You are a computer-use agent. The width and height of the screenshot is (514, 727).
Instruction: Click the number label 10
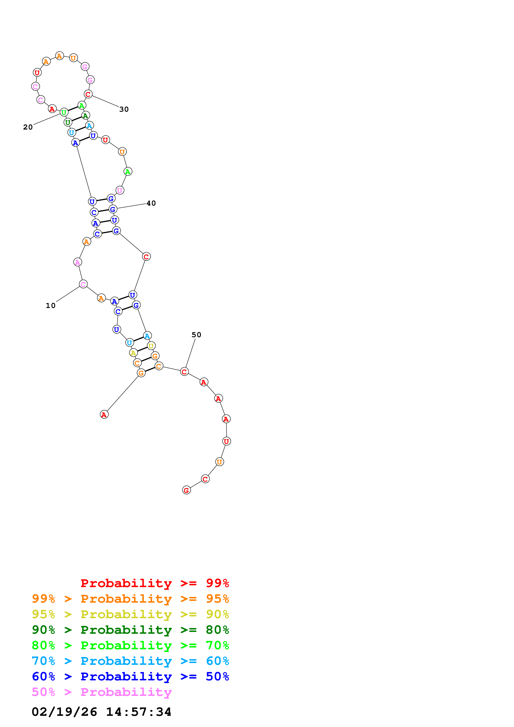[x=50, y=305]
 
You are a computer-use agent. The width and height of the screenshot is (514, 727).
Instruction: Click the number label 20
[x=28, y=127]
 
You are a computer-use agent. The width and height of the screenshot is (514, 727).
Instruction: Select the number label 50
[x=196, y=335]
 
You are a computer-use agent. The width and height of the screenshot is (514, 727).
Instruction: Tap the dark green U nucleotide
[x=68, y=122]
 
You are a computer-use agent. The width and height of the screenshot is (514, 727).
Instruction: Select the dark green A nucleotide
[x=85, y=116]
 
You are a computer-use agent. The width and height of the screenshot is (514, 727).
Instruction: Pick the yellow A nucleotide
[x=133, y=353]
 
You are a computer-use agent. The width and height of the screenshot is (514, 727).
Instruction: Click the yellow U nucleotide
[x=151, y=346]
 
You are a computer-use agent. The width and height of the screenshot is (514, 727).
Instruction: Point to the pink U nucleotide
[x=119, y=190]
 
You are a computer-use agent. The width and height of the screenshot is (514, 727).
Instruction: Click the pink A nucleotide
[x=78, y=262]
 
